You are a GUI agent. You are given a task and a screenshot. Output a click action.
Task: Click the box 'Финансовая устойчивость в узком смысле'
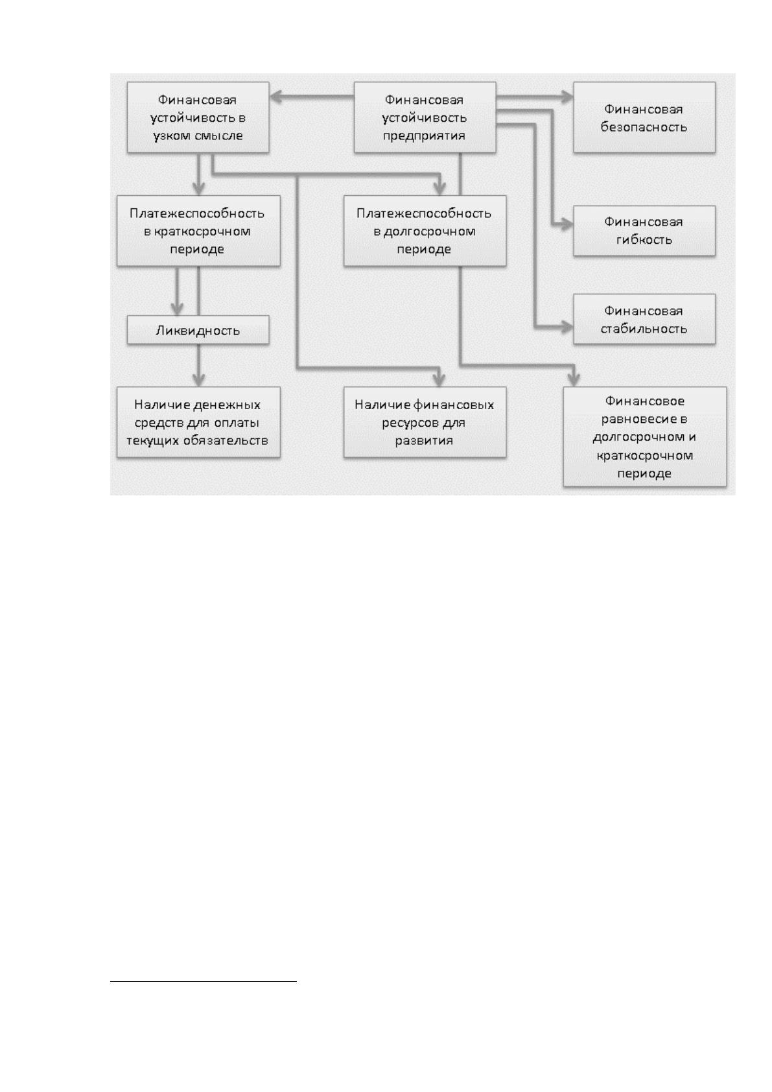tap(198, 117)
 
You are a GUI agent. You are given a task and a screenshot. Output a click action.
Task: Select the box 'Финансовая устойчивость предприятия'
tap(425, 117)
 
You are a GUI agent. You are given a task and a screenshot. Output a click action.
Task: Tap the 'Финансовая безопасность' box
tap(644, 117)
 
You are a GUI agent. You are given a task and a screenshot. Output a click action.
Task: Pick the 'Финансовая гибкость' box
tap(644, 231)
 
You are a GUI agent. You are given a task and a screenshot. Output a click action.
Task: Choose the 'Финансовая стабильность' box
tap(644, 319)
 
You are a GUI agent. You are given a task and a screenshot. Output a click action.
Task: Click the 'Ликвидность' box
tap(198, 330)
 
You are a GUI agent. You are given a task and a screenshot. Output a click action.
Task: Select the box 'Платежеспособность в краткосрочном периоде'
tap(198, 231)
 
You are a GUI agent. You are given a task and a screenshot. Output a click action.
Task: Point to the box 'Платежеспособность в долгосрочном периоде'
tap(425, 231)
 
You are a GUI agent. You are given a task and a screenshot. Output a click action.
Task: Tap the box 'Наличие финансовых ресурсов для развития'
tap(425, 422)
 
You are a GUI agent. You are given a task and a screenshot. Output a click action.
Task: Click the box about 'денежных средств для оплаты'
tap(198, 422)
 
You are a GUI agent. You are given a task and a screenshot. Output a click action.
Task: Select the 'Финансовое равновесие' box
tap(644, 437)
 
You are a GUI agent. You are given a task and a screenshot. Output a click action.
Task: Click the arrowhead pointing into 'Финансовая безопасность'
tap(567, 97)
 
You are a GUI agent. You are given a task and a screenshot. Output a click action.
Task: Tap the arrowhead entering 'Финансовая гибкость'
tap(567, 225)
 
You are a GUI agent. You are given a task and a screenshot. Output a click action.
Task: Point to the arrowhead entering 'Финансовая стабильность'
tap(567, 327)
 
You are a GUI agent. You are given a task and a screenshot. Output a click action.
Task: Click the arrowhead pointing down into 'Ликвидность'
tap(177, 309)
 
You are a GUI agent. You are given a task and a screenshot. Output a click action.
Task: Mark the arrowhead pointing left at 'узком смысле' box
tap(275, 97)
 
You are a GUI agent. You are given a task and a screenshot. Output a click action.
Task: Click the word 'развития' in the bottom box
tap(424, 441)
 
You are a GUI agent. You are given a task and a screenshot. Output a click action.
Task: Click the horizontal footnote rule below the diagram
tap(204, 981)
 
